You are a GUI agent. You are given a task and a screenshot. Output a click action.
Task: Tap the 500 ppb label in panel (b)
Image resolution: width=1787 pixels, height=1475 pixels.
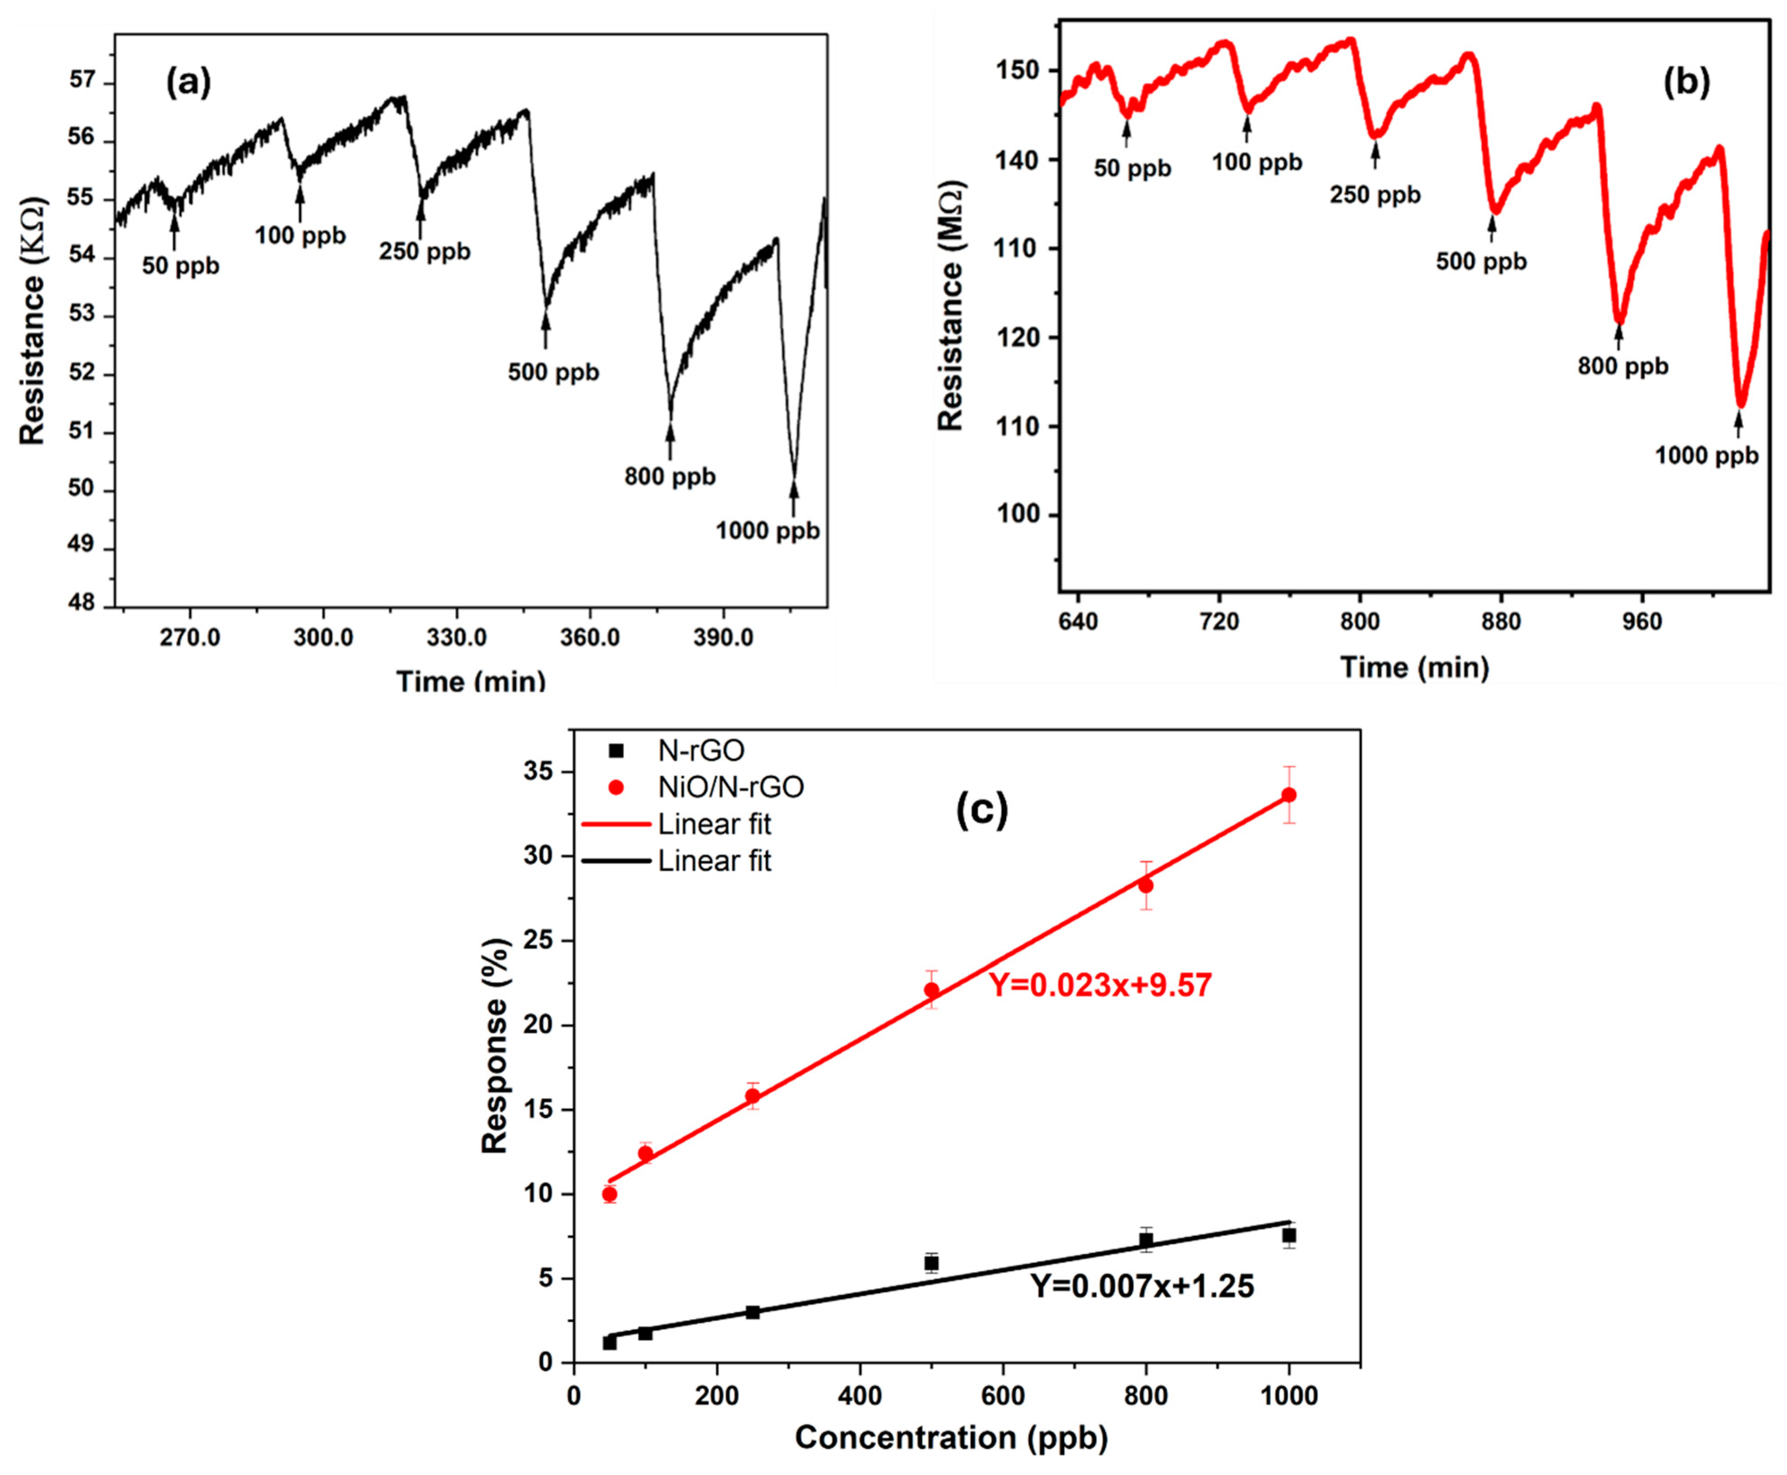pyautogui.click(x=1481, y=262)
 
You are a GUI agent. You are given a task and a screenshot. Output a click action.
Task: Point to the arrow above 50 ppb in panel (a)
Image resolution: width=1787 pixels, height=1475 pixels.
pyautogui.click(x=174, y=231)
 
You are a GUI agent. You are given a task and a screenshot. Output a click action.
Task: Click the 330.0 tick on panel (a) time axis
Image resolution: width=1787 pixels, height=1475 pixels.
pyautogui.click(x=457, y=637)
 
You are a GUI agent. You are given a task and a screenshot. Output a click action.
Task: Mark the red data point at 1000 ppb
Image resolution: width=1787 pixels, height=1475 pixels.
pyautogui.click(x=1289, y=794)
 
